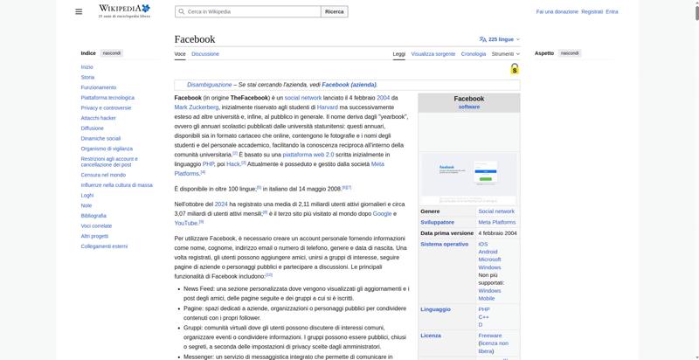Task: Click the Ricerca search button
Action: coord(335,11)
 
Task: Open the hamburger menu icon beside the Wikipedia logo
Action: coord(79,11)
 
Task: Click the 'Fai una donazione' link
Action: coord(557,11)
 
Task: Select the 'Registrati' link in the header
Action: coord(592,11)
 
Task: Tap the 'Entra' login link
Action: coord(612,11)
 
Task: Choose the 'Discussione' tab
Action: coord(205,54)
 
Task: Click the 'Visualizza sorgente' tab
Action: coord(433,54)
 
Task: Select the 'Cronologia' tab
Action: coord(474,54)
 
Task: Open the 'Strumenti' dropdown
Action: coord(504,54)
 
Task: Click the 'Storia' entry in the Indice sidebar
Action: coord(87,77)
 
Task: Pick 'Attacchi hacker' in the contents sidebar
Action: coord(98,117)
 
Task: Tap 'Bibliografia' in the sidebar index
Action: coord(93,215)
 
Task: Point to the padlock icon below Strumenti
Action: coord(515,68)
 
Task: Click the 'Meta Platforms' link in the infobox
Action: coord(496,222)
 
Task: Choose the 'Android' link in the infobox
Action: coord(488,252)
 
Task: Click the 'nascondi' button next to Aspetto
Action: coord(570,53)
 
